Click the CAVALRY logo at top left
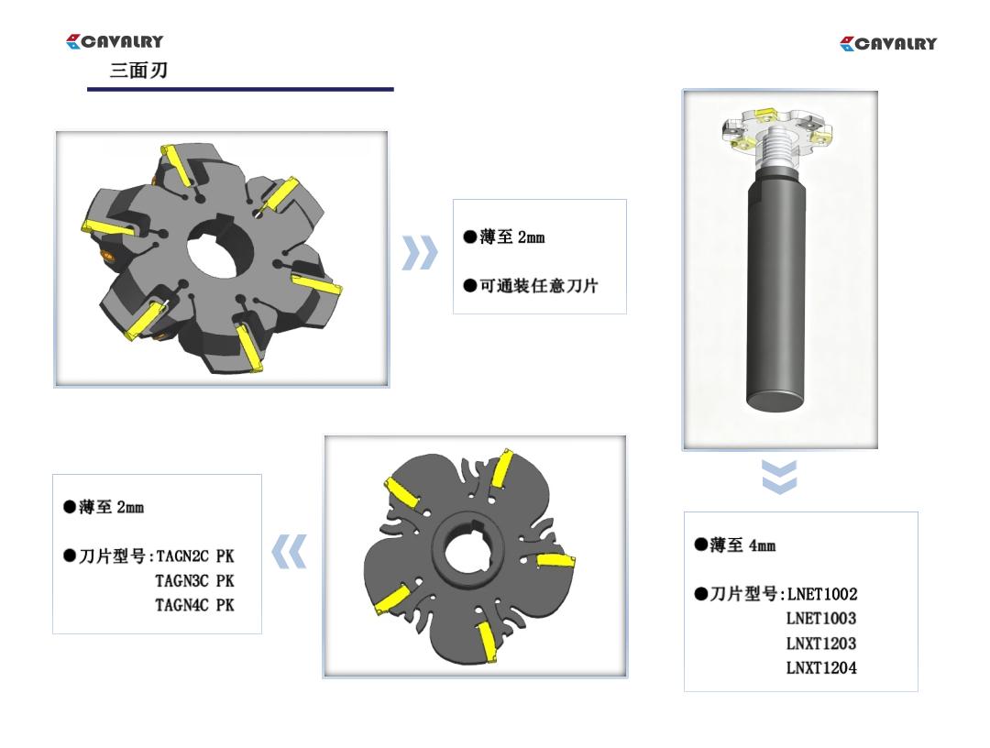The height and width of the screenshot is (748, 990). pyautogui.click(x=115, y=41)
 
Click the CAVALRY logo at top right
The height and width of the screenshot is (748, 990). pyautogui.click(x=888, y=44)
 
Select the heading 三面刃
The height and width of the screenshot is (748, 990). pyautogui.click(x=139, y=70)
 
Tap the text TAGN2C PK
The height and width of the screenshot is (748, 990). pyautogui.click(x=195, y=556)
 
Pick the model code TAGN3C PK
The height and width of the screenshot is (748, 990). pyautogui.click(x=195, y=581)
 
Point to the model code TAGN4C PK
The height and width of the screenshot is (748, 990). pyautogui.click(x=195, y=605)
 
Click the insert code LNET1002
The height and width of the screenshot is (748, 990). pyautogui.click(x=822, y=594)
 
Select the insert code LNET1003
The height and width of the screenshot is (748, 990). pyautogui.click(x=821, y=618)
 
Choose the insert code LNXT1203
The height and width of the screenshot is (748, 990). pyautogui.click(x=821, y=643)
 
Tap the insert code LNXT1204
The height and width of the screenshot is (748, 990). pyautogui.click(x=821, y=667)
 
